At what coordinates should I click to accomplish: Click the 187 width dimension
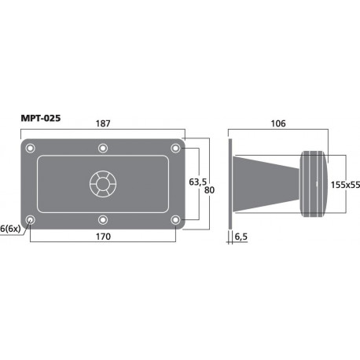pos(102,123)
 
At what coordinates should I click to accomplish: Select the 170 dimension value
pos(102,235)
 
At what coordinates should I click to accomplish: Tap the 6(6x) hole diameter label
pos(11,228)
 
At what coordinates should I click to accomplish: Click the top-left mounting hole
pos(30,148)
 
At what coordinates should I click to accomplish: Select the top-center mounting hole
pos(102,148)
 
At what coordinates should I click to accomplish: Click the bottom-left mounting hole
pos(30,219)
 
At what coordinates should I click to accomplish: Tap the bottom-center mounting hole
pos(102,219)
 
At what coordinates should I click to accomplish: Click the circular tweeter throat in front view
pos(102,184)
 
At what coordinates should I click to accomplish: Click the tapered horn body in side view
pos(263,183)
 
